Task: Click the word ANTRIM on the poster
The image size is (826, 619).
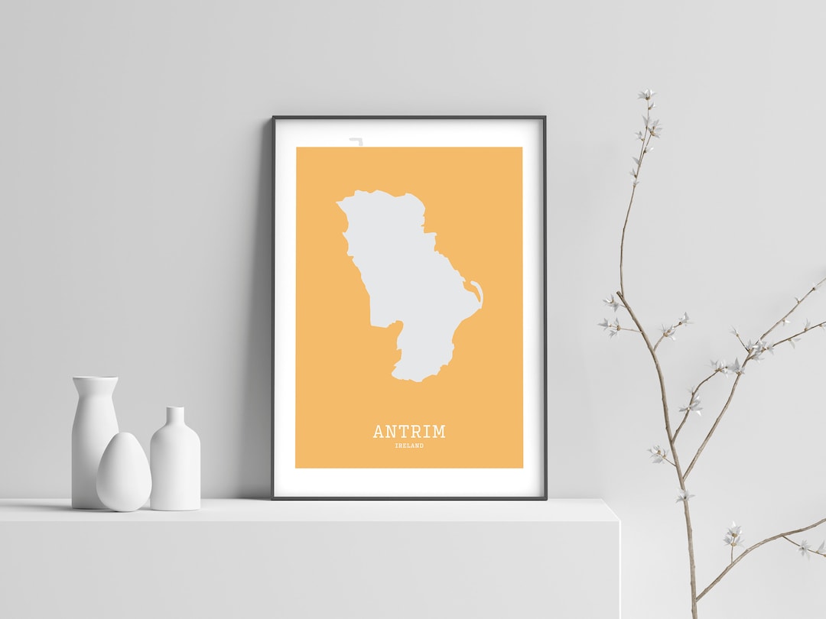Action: (x=408, y=432)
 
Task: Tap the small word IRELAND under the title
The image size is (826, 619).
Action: (x=409, y=446)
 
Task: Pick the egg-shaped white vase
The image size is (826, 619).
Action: (x=122, y=472)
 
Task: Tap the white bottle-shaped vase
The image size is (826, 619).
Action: (x=175, y=462)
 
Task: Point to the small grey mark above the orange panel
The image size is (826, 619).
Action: (x=355, y=141)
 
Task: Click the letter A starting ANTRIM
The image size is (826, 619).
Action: (x=379, y=432)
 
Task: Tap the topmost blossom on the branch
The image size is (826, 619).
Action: (x=647, y=95)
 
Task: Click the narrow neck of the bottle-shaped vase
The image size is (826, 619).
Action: (x=175, y=417)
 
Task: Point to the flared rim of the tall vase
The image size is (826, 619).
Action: (x=95, y=379)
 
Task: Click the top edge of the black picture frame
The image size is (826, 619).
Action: (x=409, y=118)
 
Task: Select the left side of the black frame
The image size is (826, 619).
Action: (x=274, y=306)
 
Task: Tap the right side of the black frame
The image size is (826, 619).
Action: (x=544, y=306)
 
